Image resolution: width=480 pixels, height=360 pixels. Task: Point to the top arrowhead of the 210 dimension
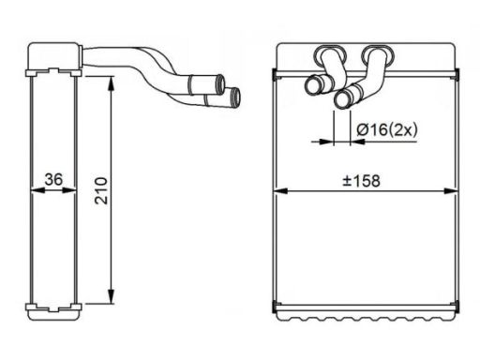pos(113,82)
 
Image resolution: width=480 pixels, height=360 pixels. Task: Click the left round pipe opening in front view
pos(313,86)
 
